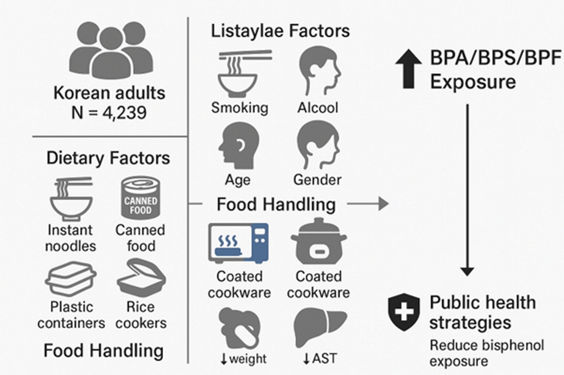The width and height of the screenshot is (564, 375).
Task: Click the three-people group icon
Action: point(111,50)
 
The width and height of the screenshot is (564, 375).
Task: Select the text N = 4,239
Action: point(109,113)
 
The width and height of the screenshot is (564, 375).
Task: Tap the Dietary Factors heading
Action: point(108,158)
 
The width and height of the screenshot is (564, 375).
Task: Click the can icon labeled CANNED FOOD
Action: point(141,197)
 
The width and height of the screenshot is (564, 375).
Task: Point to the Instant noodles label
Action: point(71,238)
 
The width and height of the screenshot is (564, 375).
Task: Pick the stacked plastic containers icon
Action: point(71,278)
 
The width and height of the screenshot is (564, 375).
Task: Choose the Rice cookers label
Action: point(141,315)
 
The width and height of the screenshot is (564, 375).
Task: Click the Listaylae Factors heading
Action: point(280,31)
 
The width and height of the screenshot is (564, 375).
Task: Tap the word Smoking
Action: point(240,108)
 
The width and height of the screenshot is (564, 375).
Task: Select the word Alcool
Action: point(318,108)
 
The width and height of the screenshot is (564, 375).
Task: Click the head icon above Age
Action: point(240,145)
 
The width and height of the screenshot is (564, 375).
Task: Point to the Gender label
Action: point(317,180)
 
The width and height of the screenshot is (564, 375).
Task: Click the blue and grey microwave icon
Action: point(238,242)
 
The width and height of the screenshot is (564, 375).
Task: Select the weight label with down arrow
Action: point(243,358)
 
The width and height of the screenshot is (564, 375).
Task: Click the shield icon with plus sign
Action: point(404,312)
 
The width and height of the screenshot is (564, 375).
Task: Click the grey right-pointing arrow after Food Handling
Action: point(368,204)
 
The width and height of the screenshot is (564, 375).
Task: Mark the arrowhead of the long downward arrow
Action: point(467,271)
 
